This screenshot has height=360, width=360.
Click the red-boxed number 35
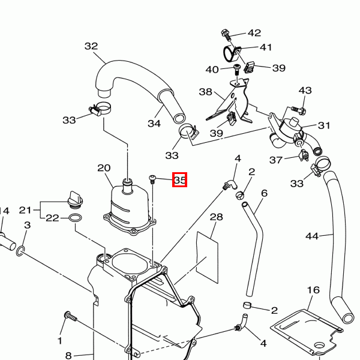tap(180, 179)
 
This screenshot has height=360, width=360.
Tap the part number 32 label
tap(91, 46)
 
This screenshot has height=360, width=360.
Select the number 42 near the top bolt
tap(254, 33)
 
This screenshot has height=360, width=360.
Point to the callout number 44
tap(312, 236)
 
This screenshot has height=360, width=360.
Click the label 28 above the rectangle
tap(216, 217)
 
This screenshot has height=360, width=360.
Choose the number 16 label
tap(313, 290)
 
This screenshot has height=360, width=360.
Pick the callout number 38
tap(206, 92)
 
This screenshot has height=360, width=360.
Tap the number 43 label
tap(305, 91)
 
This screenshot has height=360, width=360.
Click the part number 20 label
tap(104, 168)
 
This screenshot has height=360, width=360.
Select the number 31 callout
tap(324, 125)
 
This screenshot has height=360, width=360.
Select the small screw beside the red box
tap(152, 178)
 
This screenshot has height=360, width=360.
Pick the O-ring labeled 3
tap(21, 249)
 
